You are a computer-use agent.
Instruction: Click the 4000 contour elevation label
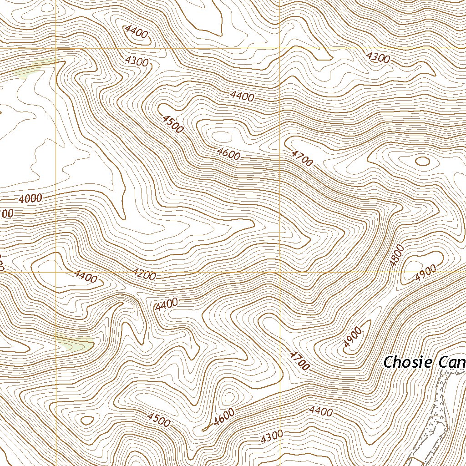[31, 198]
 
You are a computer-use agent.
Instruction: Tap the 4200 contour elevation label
[144, 274]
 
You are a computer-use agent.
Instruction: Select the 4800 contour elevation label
[396, 255]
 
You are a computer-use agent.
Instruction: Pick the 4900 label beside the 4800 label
[425, 272]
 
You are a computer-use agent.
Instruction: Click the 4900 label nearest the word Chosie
[353, 337]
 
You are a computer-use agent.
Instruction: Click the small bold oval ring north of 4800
[423, 161]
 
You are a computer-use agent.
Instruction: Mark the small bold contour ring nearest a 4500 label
[86, 419]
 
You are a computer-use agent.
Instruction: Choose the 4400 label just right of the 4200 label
[166, 305]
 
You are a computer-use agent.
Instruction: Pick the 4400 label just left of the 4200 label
[86, 276]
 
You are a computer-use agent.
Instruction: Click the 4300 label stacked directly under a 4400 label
[136, 61]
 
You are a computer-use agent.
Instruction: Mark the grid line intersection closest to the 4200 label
[56, 273]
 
